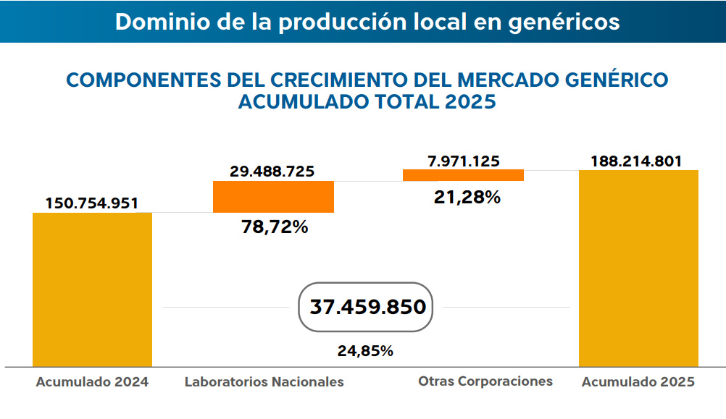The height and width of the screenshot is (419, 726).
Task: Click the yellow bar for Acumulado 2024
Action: pos(92,289)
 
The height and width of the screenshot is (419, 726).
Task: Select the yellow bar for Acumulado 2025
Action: pos(638,268)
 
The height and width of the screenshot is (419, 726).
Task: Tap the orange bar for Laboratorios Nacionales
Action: pos(273,196)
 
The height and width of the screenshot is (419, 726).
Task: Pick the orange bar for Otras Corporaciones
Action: pos(463,175)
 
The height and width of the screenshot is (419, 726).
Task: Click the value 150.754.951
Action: pos(92,203)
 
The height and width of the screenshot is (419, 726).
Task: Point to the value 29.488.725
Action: pos(272,172)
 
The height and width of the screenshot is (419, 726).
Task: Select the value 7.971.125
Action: pos(464,161)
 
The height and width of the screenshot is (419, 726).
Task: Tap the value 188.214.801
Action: pos(637,161)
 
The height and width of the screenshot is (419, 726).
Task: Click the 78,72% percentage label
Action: pos(275,227)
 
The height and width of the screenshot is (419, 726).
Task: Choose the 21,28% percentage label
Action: pos(467,196)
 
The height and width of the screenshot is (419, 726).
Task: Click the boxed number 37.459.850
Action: pos(367,307)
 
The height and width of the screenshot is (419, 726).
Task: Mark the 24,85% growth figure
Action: pos(365,351)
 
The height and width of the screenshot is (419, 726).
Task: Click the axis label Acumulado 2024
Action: pos(92,382)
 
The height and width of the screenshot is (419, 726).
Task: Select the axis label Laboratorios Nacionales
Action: pos(264,382)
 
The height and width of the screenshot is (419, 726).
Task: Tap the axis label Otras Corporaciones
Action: pos(485,381)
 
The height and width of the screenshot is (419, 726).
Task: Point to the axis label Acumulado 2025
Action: pos(638,382)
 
